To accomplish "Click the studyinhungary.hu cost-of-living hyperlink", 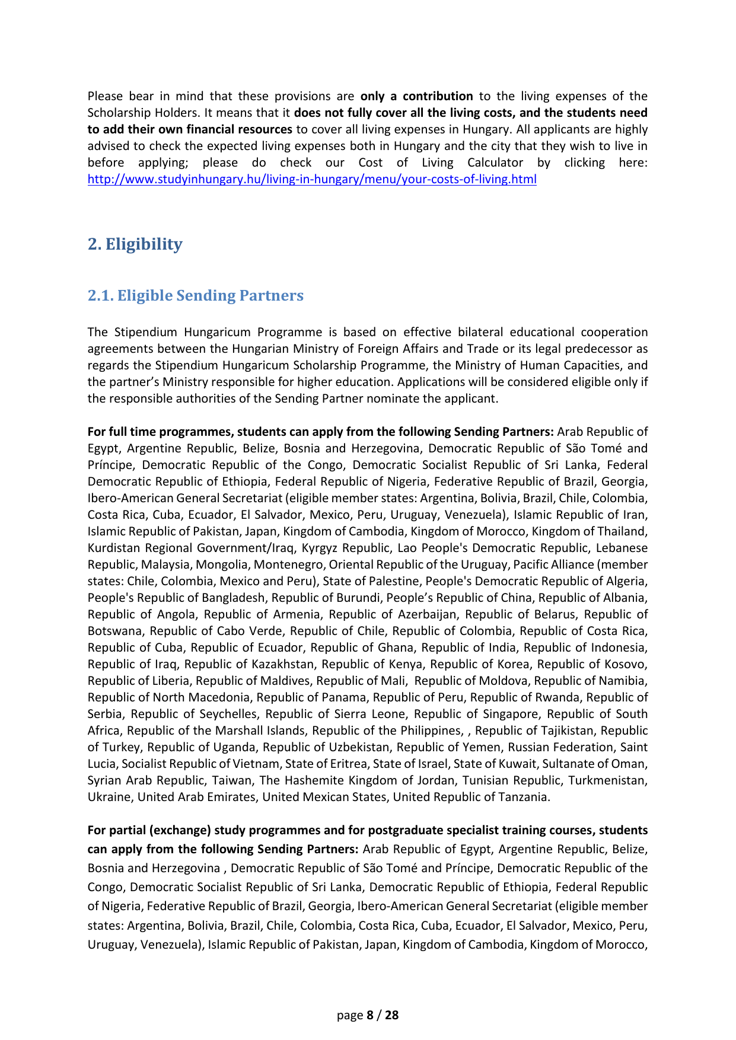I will pos(312,179).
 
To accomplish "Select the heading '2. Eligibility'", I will pos(135,244).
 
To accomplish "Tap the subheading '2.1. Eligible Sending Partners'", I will pos(195,295).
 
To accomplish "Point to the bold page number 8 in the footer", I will pos(370,1015).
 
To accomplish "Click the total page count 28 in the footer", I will pos(392,1015).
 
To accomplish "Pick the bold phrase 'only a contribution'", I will pos(416,96).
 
